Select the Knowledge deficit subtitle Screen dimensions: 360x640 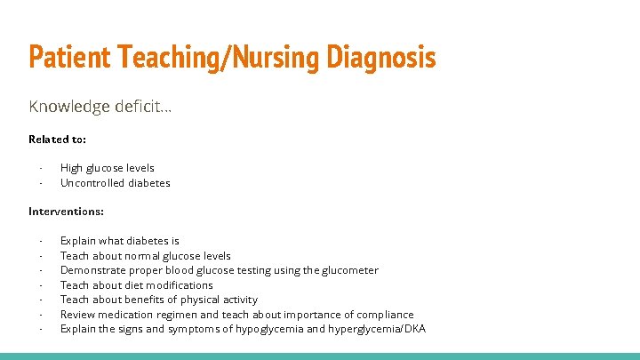(x=100, y=107)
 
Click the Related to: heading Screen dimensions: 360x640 (x=57, y=139)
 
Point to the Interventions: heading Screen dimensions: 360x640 (x=66, y=212)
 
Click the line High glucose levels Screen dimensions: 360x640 (x=107, y=168)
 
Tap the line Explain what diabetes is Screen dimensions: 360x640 (x=119, y=241)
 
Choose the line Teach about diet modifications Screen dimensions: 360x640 (x=136, y=285)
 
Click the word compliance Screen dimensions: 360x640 (x=385, y=315)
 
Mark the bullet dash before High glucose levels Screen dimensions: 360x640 (x=41, y=168)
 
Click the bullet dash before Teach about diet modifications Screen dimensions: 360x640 (x=41, y=285)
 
